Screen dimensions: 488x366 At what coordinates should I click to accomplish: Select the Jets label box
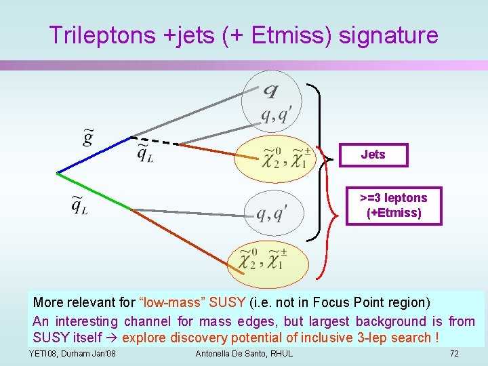point(373,155)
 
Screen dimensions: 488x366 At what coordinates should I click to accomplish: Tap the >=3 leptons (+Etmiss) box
point(393,205)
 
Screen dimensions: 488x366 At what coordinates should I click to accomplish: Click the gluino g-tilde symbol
point(87,138)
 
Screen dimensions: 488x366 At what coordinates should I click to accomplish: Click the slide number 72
point(454,354)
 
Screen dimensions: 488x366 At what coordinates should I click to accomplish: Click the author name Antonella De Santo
point(244,354)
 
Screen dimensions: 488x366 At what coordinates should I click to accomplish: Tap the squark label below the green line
point(79,205)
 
